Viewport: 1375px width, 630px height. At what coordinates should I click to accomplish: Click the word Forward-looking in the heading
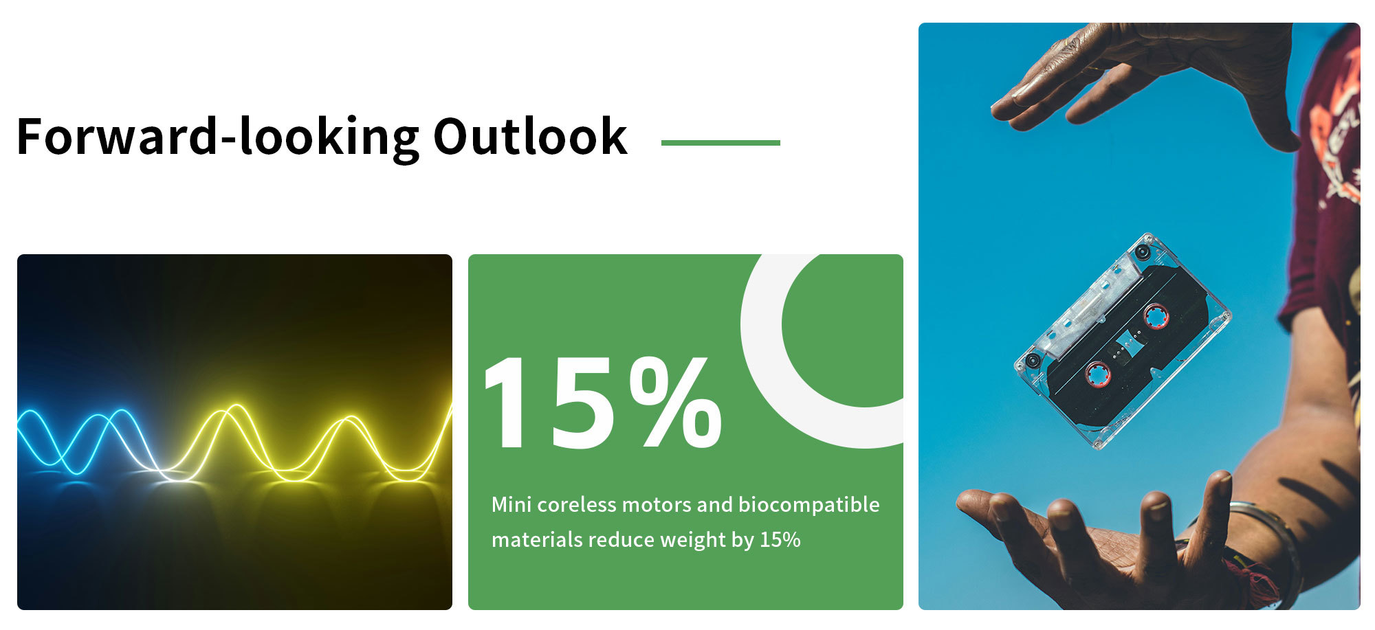tap(218, 137)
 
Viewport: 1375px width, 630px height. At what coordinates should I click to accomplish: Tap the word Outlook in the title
tap(530, 136)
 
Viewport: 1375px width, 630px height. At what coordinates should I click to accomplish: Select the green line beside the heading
tap(720, 143)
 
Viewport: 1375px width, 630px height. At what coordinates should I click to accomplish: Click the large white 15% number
tap(604, 403)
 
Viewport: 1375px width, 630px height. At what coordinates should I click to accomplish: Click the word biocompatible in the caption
tap(808, 505)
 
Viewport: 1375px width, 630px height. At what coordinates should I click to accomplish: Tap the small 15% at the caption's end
tap(780, 540)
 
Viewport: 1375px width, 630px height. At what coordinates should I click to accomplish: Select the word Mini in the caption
tap(511, 505)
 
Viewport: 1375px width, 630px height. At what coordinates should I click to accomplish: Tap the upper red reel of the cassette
tap(1156, 316)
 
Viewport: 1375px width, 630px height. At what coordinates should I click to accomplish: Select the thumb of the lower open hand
tap(990, 512)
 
